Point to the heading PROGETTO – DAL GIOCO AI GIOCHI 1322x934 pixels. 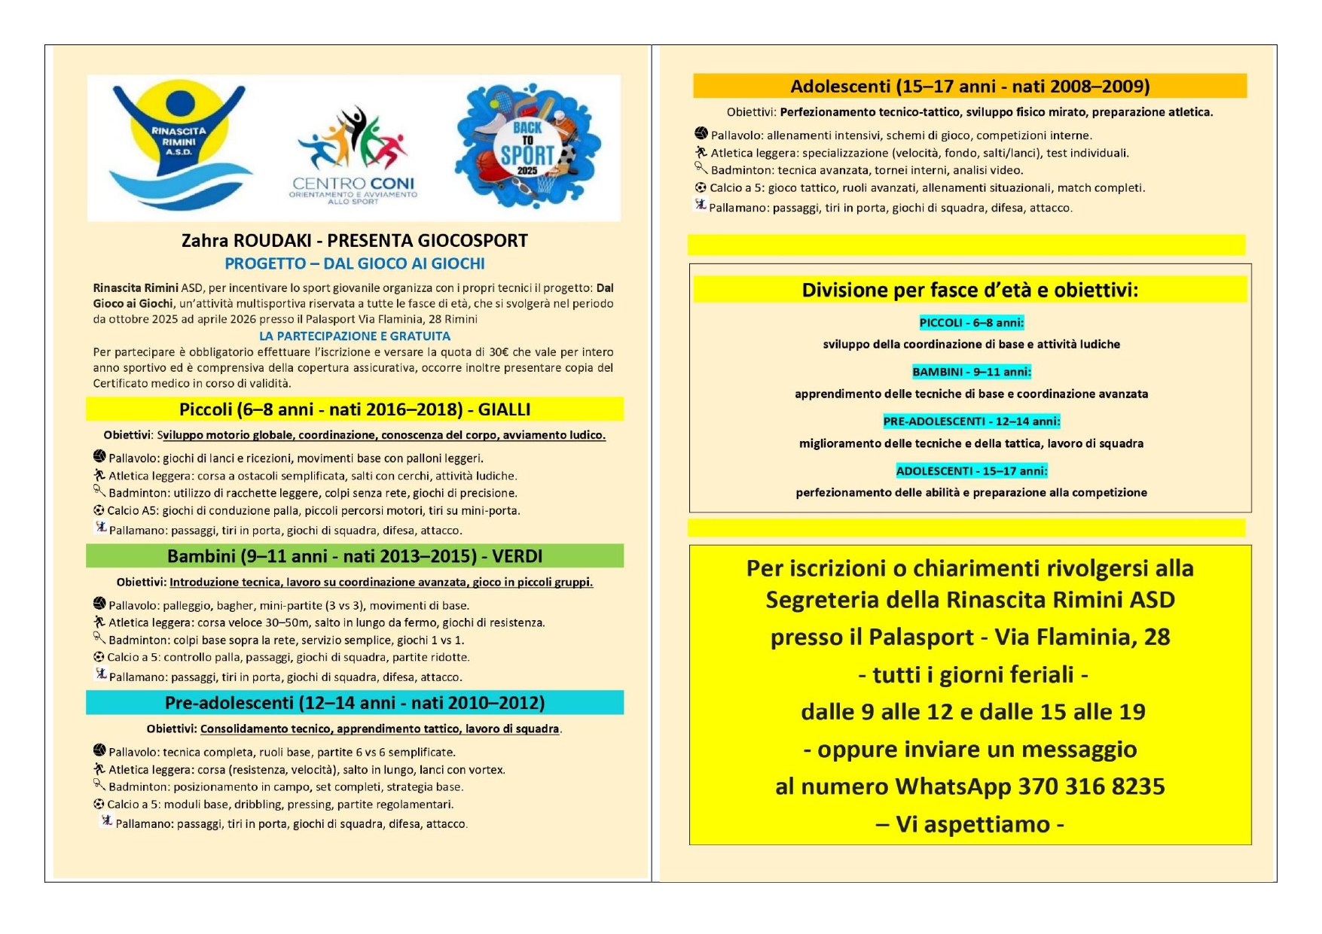point(355,264)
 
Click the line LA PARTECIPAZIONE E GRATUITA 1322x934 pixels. point(355,336)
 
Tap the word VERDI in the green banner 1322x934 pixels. point(517,556)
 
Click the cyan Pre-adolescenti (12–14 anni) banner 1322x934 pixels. point(355,703)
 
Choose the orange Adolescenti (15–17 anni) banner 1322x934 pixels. point(969,87)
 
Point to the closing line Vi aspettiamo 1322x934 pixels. point(970,824)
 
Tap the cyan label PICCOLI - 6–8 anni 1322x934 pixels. point(971,323)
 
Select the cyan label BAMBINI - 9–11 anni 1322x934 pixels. point(971,372)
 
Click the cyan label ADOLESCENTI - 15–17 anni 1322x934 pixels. point(971,471)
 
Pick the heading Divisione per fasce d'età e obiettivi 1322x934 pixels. point(969,291)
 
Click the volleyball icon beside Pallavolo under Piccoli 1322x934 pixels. point(99,456)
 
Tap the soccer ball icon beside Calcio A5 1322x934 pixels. point(99,510)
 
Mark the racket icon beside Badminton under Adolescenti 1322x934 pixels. point(701,168)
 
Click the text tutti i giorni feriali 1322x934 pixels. point(972,674)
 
